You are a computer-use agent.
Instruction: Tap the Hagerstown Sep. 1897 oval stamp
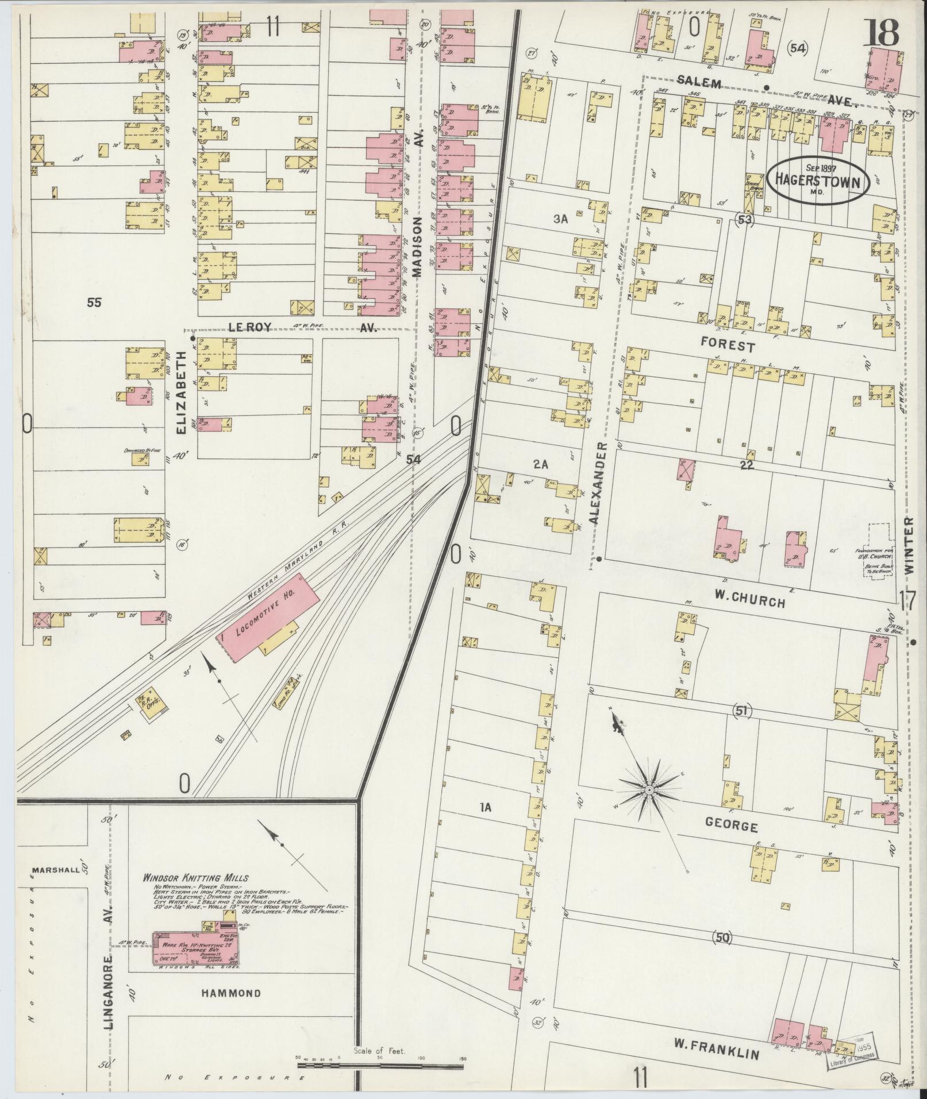pyautogui.click(x=816, y=179)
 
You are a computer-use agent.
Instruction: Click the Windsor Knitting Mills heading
pyautogui.click(x=195, y=878)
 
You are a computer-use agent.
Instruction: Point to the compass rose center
pyautogui.click(x=649, y=790)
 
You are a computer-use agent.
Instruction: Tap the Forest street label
pyautogui.click(x=726, y=346)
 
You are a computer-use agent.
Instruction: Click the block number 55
pyautogui.click(x=94, y=302)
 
